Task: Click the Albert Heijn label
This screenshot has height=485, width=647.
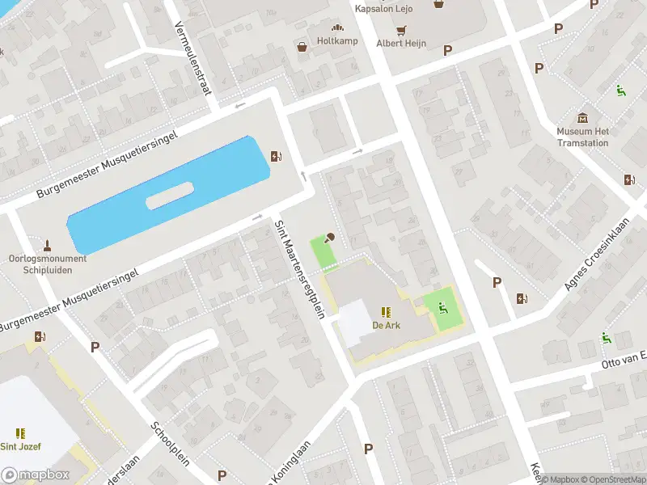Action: click(x=401, y=43)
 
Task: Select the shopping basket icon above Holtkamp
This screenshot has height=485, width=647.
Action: click(x=302, y=47)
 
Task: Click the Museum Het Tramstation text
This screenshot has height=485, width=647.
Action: click(x=582, y=137)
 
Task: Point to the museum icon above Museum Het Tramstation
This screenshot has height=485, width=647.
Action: click(x=582, y=117)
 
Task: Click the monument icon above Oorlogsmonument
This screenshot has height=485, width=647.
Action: click(x=47, y=244)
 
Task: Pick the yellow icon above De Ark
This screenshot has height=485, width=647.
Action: click(x=386, y=311)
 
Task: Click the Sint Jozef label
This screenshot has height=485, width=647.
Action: click(x=20, y=446)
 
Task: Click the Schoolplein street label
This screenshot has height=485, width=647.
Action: click(x=171, y=444)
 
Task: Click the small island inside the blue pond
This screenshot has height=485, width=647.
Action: click(x=170, y=195)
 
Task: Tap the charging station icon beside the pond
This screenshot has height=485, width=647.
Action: click(x=277, y=157)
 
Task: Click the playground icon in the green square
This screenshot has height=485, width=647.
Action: click(x=442, y=306)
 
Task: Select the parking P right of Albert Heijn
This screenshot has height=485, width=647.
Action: click(x=447, y=50)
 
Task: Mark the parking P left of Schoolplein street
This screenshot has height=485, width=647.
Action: click(x=95, y=347)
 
